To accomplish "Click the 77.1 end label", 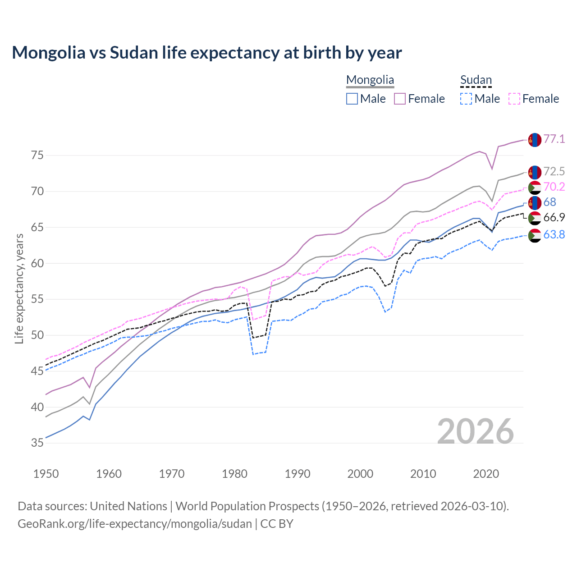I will (x=554, y=139).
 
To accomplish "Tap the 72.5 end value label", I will (x=554, y=171).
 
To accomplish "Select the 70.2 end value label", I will (x=554, y=187).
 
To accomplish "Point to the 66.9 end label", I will (x=554, y=217).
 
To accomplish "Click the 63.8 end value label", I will (x=554, y=234).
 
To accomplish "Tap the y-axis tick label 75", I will (x=37, y=156).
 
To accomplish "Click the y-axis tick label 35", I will (x=37, y=443).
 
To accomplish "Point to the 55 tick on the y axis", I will (x=37, y=299).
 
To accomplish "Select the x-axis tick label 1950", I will (x=46, y=474).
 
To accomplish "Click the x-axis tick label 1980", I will (x=234, y=474).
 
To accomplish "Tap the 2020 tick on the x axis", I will (x=486, y=474).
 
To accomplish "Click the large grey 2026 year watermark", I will (x=475, y=431).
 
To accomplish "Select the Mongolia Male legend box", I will (x=352, y=99).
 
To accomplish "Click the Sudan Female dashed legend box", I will (x=514, y=99).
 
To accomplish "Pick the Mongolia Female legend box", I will (x=400, y=99).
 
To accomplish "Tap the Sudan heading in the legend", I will (x=476, y=80).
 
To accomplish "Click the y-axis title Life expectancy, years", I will (x=19, y=288).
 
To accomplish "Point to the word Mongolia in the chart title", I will (x=48, y=53).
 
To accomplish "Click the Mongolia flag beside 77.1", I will (x=534, y=140).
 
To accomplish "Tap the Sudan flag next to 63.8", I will (x=534, y=235).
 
